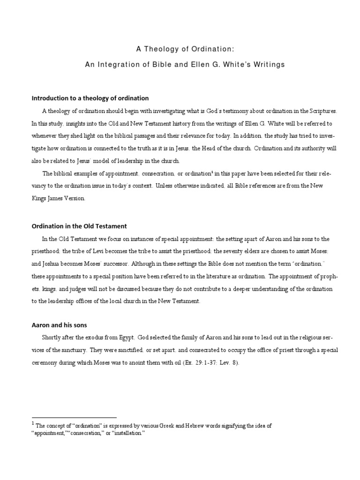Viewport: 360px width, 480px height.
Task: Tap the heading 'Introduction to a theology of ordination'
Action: pyautogui.click(x=90, y=98)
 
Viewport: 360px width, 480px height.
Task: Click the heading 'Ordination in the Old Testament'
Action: pyautogui.click(x=79, y=225)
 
